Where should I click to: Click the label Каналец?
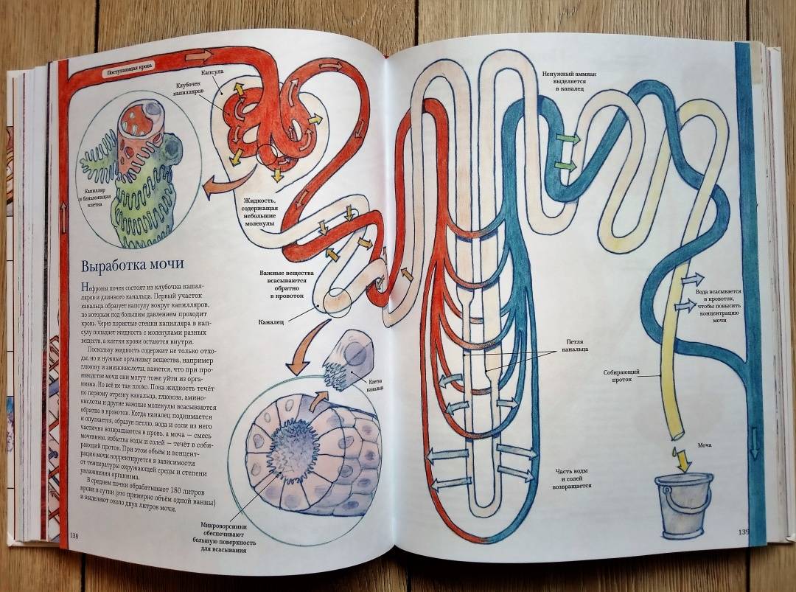tap(272, 322)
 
